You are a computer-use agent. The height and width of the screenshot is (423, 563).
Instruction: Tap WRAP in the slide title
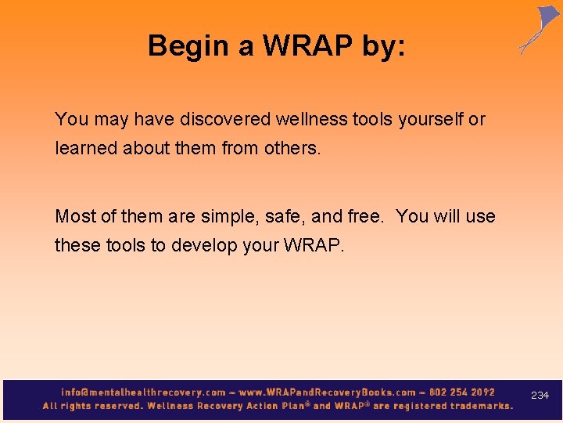(307, 46)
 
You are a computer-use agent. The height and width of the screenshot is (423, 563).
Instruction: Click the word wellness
(311, 120)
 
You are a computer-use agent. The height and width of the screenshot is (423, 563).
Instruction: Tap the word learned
(86, 148)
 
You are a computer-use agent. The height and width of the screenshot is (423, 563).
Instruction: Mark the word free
(364, 216)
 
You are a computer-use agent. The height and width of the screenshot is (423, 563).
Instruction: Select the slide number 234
(540, 396)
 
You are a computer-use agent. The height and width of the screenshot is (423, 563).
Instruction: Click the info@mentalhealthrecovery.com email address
(142, 392)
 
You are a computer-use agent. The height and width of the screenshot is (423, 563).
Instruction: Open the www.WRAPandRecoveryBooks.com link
(328, 392)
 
